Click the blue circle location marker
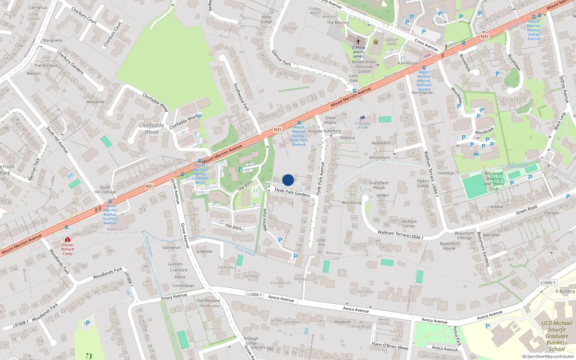pyautogui.click(x=288, y=180)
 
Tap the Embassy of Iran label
pyautogui.click(x=363, y=125)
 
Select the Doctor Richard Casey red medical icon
pyautogui.click(x=67, y=239)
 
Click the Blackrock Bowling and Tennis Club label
pyautogui.click(x=494, y=181)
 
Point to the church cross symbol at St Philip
pyautogui.click(x=358, y=42)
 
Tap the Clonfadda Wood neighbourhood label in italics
pyautogui.click(x=152, y=129)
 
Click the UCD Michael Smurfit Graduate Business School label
pyautogui.click(x=557, y=336)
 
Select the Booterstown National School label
pyautogui.click(x=364, y=67)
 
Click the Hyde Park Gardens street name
pyautogui.click(x=292, y=192)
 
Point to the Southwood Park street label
pyautogui.click(x=242, y=97)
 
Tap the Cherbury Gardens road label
pyautogui.click(x=70, y=63)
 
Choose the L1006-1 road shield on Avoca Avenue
pyautogui.click(x=255, y=294)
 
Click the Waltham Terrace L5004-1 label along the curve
pyautogui.click(x=400, y=234)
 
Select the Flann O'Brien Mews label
pyautogui.click(x=390, y=346)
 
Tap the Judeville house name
pyautogui.click(x=204, y=251)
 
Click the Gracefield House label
pyautogui.click(x=379, y=185)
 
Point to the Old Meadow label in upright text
pyautogui.click(x=208, y=300)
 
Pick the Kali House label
pyautogui.click(x=408, y=63)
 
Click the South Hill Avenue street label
pyautogui.click(x=57, y=140)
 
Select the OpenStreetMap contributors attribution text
pyautogui.click(x=548, y=356)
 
